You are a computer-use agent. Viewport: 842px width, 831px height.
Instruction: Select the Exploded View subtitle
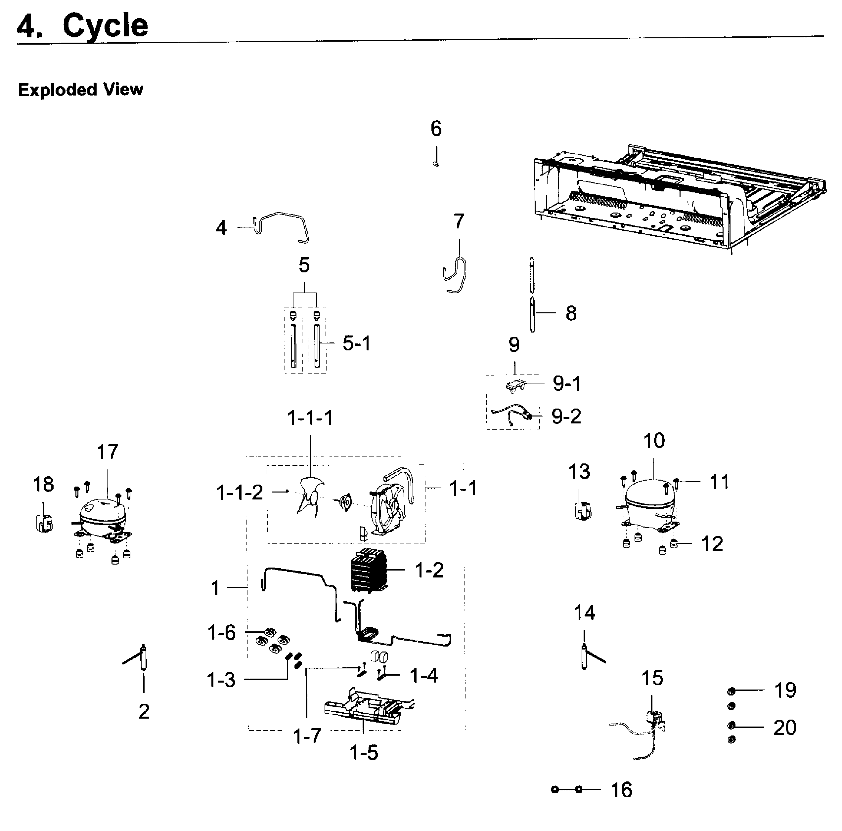click(81, 90)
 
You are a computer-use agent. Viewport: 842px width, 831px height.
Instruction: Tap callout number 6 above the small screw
click(436, 129)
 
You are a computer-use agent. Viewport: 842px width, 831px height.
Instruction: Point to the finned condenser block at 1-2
click(368, 571)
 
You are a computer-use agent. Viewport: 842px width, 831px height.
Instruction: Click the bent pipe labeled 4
click(283, 224)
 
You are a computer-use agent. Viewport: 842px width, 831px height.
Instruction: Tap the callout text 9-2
click(566, 416)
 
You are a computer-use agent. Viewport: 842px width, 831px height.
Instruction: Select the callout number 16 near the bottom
click(621, 790)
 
